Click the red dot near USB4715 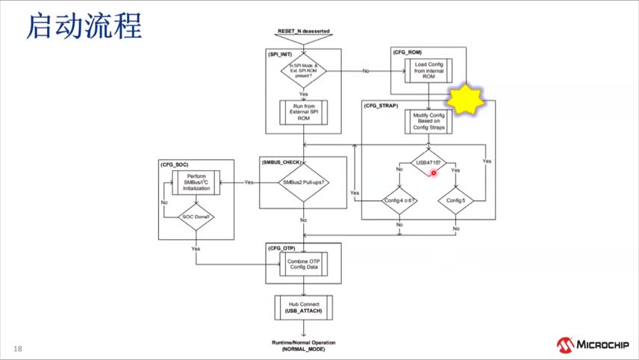(434, 173)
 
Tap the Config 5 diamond (455, 200)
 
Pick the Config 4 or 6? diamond (400, 200)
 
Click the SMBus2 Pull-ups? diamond (304, 182)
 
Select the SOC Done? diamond (196, 217)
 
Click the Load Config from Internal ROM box (429, 72)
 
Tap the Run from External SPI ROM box (304, 113)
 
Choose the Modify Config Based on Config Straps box (429, 121)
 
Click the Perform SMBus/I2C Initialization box (196, 182)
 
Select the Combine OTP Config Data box (304, 262)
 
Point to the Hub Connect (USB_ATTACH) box (303, 307)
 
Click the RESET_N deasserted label (303, 31)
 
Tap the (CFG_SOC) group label (174, 163)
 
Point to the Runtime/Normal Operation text (303, 342)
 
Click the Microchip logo (593, 345)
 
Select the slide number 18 (17, 349)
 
